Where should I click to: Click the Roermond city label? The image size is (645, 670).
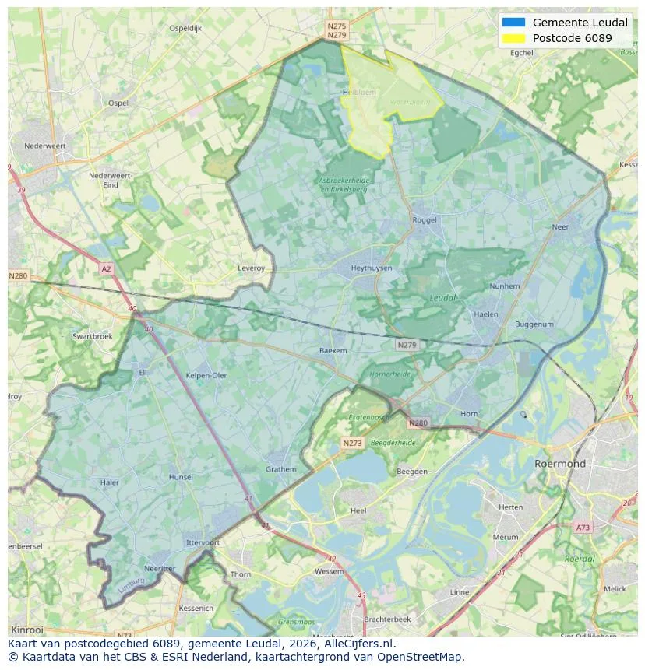(559, 464)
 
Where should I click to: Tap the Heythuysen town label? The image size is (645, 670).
(371, 268)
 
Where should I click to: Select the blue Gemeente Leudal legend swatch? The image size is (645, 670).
(514, 23)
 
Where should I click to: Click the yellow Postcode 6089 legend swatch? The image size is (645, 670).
(514, 38)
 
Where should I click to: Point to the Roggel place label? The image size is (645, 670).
(425, 220)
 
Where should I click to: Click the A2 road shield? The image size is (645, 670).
(106, 268)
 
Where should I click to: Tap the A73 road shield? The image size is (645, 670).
(583, 528)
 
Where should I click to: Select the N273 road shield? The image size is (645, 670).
(353, 443)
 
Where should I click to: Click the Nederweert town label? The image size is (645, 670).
(44, 146)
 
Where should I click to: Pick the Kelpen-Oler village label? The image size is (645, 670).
(206, 375)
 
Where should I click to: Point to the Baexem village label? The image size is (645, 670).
(333, 351)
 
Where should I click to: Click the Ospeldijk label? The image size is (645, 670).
(185, 28)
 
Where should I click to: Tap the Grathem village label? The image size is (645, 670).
(280, 469)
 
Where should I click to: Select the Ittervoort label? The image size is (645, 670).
(203, 542)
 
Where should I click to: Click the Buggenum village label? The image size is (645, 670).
(534, 324)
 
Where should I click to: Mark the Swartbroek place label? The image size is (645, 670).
(92, 336)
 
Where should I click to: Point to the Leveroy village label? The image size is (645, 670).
(251, 268)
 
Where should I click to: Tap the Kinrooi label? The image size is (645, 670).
(27, 629)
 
